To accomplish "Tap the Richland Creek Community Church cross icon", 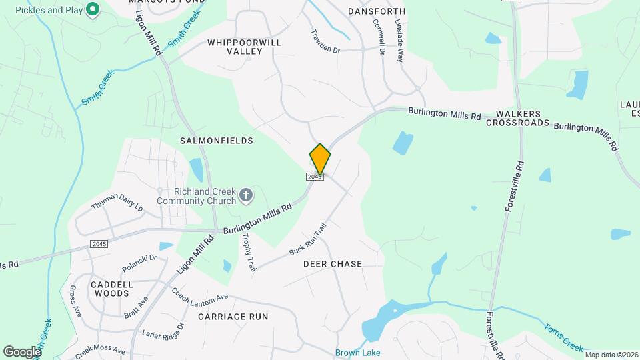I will tap(246, 195).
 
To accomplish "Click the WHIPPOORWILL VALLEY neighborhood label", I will tap(244, 47).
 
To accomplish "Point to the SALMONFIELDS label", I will tap(217, 141).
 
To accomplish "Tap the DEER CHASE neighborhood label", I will tap(333, 264).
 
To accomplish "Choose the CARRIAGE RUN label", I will tap(233, 317).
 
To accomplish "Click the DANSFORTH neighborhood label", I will tap(377, 11).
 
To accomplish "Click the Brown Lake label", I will tap(357, 353).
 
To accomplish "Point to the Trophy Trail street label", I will tap(249, 252).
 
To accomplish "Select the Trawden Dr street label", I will tap(325, 41).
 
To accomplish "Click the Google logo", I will tap(22, 351).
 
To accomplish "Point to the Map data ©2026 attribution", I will tap(611, 355).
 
